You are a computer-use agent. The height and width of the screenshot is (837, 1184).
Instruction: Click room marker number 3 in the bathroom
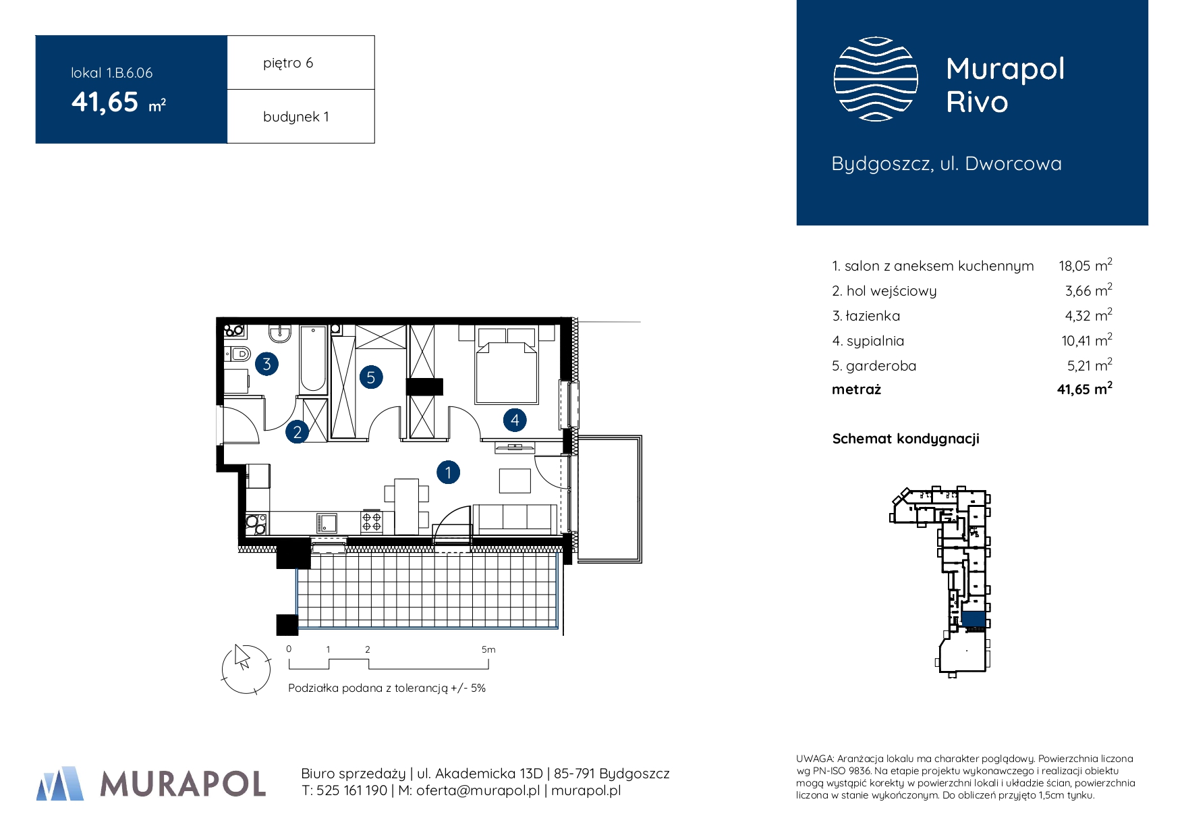(267, 364)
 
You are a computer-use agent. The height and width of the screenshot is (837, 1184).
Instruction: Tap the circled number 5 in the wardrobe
(370, 377)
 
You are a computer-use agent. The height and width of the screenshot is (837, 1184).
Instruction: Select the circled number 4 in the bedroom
(515, 420)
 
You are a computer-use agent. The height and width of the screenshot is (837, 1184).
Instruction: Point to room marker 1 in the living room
(448, 473)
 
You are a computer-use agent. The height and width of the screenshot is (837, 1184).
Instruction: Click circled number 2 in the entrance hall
(297, 432)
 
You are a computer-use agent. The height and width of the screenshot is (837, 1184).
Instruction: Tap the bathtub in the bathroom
(313, 359)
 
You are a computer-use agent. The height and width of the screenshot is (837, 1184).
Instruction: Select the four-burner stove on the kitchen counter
(372, 521)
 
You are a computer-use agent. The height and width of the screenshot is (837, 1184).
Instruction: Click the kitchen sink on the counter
(327, 522)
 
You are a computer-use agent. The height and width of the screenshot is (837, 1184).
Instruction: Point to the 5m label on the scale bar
(488, 649)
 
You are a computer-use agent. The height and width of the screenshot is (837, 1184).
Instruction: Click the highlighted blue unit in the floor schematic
(974, 618)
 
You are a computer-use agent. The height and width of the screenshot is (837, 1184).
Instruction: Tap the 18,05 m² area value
(1085, 265)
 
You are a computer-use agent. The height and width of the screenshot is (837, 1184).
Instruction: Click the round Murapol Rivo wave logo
(876, 79)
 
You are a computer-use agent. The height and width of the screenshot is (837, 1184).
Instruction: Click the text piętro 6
(288, 63)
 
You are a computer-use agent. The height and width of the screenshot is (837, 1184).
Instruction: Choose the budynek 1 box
(301, 116)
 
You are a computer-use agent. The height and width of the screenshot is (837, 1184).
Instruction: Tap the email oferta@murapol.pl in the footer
(478, 790)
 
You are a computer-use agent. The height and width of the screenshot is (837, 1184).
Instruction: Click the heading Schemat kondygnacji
(905, 439)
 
